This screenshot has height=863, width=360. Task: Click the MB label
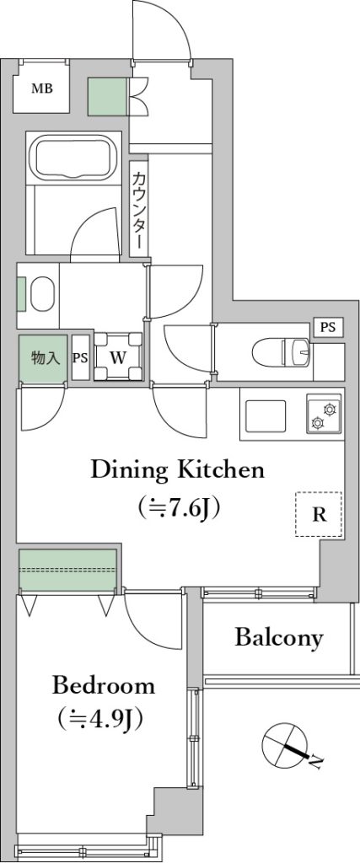click(42, 88)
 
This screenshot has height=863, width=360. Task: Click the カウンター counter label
click(139, 209)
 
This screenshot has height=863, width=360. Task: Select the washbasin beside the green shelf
click(42, 294)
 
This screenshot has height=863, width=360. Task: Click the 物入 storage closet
click(43, 359)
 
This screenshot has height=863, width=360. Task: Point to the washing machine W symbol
click(118, 357)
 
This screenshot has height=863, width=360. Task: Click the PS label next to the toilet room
click(328, 327)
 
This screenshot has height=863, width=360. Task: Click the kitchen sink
click(266, 416)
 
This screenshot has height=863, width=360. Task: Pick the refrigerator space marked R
click(319, 514)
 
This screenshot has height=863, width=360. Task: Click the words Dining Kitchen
click(178, 469)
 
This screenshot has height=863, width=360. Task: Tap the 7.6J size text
click(180, 507)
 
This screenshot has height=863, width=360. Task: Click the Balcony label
click(278, 639)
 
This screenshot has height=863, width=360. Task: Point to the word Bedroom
click(104, 686)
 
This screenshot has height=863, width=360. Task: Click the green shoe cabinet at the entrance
click(109, 96)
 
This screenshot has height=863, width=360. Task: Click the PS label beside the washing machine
click(80, 357)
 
